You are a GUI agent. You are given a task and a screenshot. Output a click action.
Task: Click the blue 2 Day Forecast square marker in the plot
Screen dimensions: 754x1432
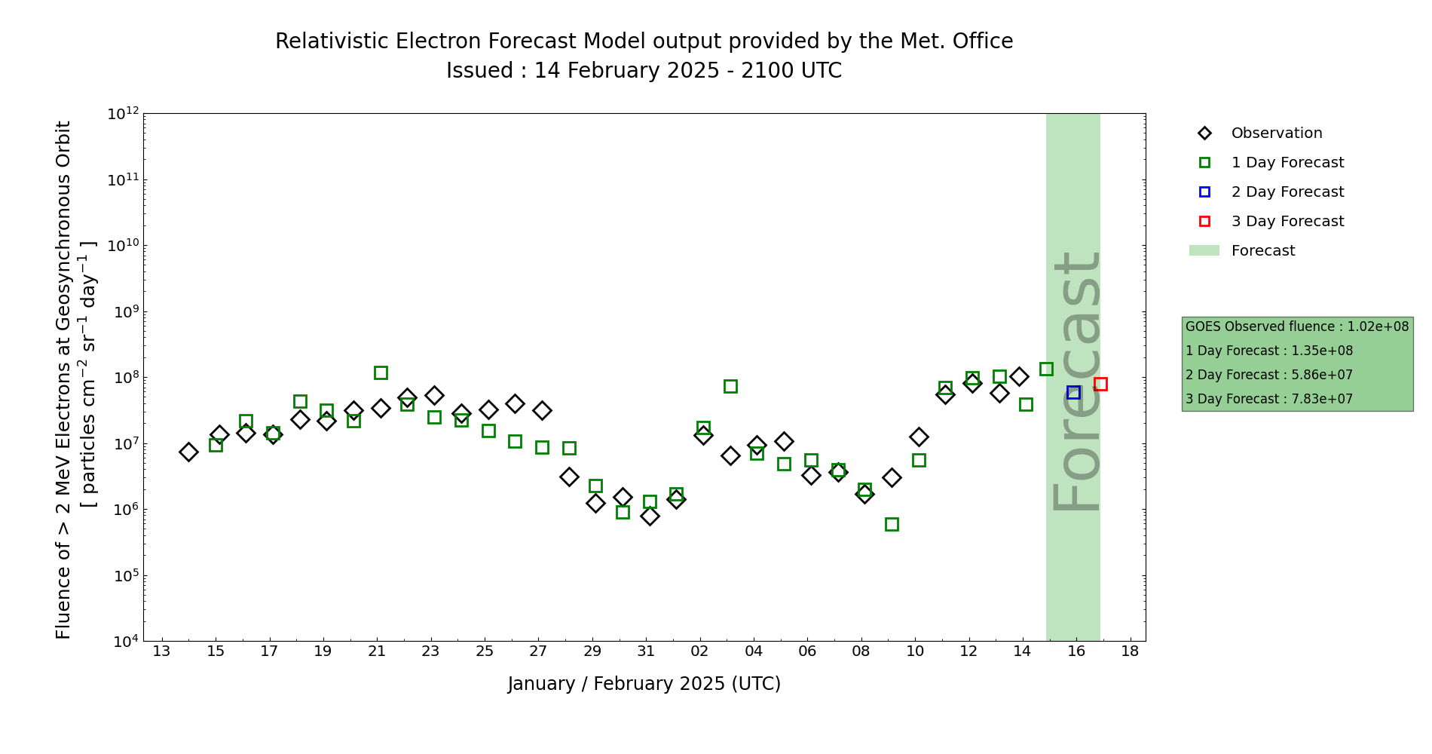(1073, 392)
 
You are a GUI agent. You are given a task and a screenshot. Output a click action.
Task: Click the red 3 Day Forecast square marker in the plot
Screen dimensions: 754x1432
(1100, 384)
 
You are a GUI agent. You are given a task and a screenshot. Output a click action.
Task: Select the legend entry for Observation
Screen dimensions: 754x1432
(1276, 133)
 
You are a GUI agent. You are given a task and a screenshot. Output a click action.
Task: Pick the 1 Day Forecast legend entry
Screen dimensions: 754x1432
(1287, 163)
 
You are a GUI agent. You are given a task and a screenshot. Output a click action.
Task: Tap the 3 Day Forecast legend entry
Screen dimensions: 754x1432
(1287, 222)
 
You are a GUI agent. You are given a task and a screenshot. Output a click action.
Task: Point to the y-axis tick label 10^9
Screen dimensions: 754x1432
(124, 311)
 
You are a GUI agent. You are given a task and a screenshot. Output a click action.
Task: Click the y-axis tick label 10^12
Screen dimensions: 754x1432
(124, 114)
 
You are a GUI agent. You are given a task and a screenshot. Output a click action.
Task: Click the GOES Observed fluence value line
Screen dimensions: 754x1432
(1296, 326)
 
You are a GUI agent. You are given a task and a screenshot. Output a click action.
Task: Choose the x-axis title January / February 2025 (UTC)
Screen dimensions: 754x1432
(644, 684)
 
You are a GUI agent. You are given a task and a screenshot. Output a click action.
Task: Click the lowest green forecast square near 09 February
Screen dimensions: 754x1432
(892, 524)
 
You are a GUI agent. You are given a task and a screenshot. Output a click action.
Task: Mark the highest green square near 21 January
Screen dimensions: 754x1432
(381, 372)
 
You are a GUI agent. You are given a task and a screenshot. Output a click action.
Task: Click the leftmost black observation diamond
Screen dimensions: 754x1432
(188, 452)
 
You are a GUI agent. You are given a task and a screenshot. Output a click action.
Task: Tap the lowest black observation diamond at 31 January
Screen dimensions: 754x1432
(650, 516)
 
